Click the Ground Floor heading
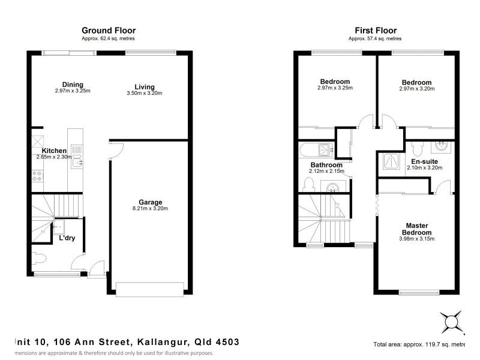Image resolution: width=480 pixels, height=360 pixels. tap(109, 30)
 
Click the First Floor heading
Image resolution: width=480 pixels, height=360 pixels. tap(376, 30)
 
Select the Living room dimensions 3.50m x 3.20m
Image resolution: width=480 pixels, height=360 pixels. tap(145, 93)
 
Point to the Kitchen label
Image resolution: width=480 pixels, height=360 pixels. tap(54, 151)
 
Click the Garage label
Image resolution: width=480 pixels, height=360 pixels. tap(150, 202)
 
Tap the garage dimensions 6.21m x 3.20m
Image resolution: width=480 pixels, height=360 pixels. tap(150, 209)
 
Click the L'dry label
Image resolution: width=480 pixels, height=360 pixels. tap(67, 238)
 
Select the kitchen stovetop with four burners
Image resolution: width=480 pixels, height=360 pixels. tap(37, 176)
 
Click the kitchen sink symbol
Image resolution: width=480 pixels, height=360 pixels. tap(76, 157)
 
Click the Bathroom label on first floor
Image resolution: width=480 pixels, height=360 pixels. tap(326, 165)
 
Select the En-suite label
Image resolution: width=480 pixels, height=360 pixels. tap(424, 161)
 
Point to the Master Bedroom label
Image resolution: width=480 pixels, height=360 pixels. tap(416, 229)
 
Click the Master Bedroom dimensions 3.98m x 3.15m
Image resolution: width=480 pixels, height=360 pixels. tap(416, 239)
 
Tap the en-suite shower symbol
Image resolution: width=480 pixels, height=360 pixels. tap(391, 161)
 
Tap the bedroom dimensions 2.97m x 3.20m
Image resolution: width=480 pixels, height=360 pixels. tap(416, 89)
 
